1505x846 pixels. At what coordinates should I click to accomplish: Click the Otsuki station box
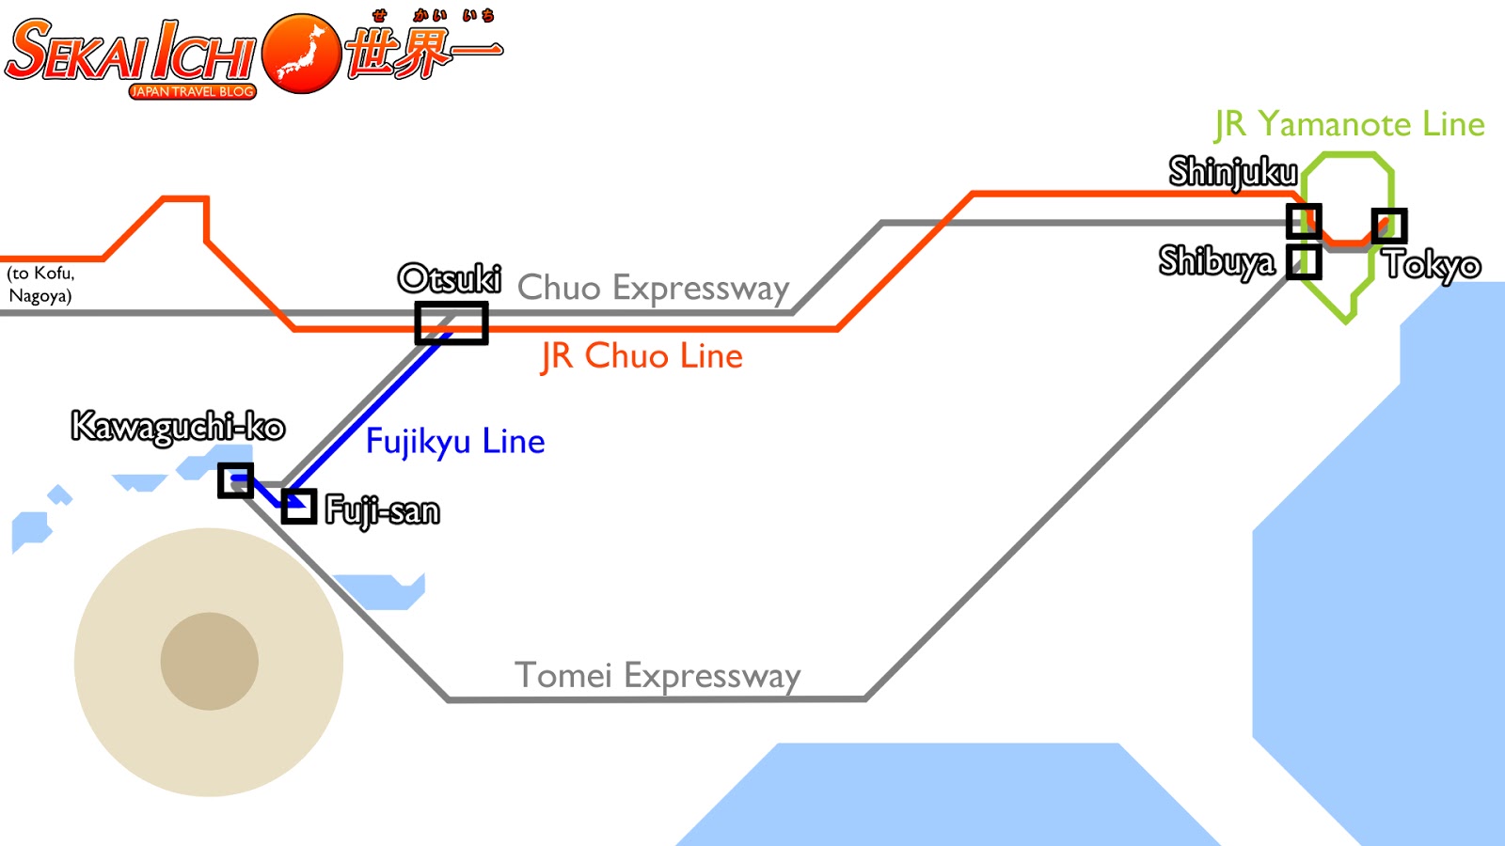pyautogui.click(x=451, y=322)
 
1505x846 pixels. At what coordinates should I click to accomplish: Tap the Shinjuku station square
pyautogui.click(x=1304, y=222)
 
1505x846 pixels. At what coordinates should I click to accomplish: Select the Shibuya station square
pyautogui.click(x=1304, y=262)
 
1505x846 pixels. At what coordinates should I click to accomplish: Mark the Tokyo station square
pyautogui.click(x=1389, y=226)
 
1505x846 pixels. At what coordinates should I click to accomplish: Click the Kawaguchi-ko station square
pyautogui.click(x=235, y=480)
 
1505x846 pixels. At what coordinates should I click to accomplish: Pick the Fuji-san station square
pyautogui.click(x=299, y=507)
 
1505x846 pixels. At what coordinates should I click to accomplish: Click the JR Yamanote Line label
pyautogui.click(x=1349, y=124)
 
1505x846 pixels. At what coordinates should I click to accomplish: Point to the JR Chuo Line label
pyautogui.click(x=642, y=356)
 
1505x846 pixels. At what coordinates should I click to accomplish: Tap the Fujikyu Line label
pyautogui.click(x=455, y=441)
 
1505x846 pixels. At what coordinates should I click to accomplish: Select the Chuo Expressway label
pyautogui.click(x=653, y=288)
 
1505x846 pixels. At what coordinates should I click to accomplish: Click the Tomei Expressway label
pyautogui.click(x=657, y=675)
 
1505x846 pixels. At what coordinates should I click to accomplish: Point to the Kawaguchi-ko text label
pyautogui.click(x=178, y=427)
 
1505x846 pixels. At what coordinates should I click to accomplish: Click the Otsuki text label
pyautogui.click(x=450, y=278)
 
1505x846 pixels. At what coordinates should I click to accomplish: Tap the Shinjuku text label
pyautogui.click(x=1233, y=172)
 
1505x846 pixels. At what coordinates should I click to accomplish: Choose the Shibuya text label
pyautogui.click(x=1217, y=260)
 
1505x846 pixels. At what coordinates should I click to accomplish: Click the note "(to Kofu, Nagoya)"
pyautogui.click(x=40, y=284)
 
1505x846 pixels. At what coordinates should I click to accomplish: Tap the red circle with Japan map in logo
pyautogui.click(x=301, y=54)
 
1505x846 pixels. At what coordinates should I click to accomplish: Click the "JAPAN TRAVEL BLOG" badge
pyautogui.click(x=193, y=91)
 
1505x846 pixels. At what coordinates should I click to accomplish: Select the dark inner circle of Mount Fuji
pyautogui.click(x=210, y=661)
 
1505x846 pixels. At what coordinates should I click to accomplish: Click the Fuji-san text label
pyautogui.click(x=382, y=510)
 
